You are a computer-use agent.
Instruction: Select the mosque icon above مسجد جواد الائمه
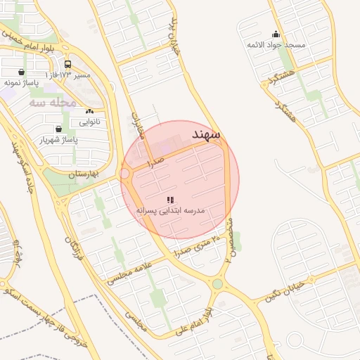276,34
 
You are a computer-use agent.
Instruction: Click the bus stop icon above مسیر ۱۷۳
67,63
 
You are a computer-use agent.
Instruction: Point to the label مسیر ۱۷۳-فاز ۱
68,74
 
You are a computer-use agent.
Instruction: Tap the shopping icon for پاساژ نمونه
21,72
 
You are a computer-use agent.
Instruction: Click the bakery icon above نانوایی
89,112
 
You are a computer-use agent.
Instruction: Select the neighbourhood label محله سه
52,103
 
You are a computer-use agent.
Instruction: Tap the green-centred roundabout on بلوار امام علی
217,284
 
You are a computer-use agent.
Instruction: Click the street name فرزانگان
72,249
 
